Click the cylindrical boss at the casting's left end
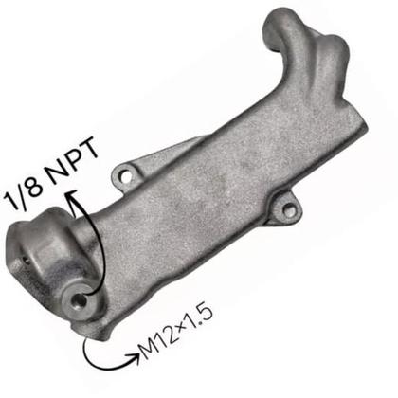[43, 251]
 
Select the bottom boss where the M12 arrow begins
[93, 325]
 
